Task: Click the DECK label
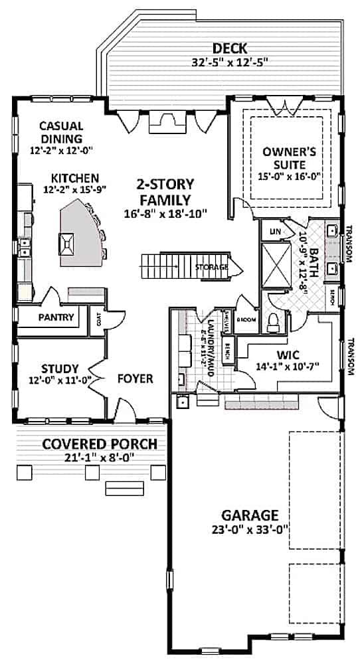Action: tap(230, 48)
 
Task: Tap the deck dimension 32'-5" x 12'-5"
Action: tap(230, 62)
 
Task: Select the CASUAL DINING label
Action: tap(60, 132)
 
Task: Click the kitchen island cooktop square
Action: tap(68, 244)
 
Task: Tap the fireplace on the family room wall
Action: tap(161, 122)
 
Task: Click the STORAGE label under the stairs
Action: tap(212, 267)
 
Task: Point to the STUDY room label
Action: tap(59, 369)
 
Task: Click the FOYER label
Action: tap(135, 378)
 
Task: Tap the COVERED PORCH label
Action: tap(100, 444)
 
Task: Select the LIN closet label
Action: tap(274, 232)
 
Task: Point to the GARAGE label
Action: tap(240, 515)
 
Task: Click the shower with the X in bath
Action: tap(274, 264)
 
